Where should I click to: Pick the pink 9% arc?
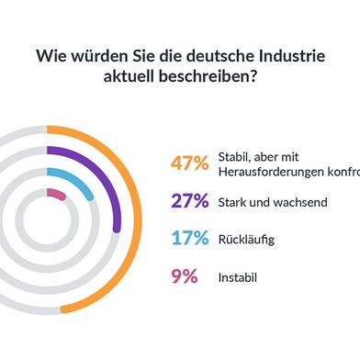(x=56, y=194)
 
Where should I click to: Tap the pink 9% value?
(x=184, y=276)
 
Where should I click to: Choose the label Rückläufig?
(x=246, y=240)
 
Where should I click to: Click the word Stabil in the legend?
(x=236, y=157)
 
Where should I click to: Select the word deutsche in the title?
(x=210, y=56)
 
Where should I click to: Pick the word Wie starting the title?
(x=49, y=56)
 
